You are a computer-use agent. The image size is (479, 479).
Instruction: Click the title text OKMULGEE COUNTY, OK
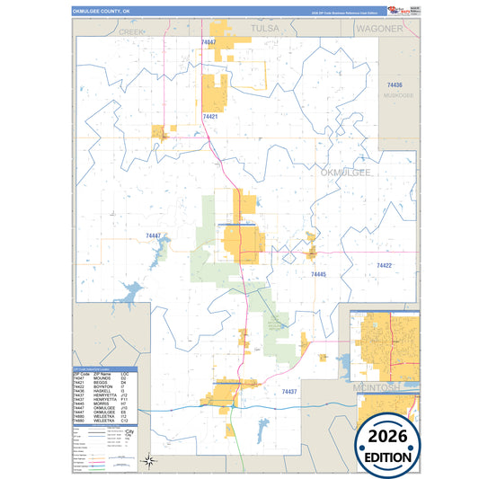(100, 12)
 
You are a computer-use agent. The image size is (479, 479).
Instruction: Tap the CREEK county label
(131, 31)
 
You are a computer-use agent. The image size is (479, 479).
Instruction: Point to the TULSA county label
(265, 29)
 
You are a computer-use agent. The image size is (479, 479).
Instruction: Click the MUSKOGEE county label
(396, 94)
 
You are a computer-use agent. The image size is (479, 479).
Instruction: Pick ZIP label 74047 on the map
(208, 42)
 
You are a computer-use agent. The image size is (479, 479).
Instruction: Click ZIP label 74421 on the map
(210, 117)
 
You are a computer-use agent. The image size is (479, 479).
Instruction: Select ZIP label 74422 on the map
(384, 266)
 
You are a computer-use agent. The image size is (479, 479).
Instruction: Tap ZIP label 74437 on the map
(288, 393)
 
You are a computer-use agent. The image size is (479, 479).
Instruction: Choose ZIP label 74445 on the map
(319, 274)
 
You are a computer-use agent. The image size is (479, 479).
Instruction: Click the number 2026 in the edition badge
(387, 436)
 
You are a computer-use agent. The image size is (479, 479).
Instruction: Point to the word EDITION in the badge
(387, 456)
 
